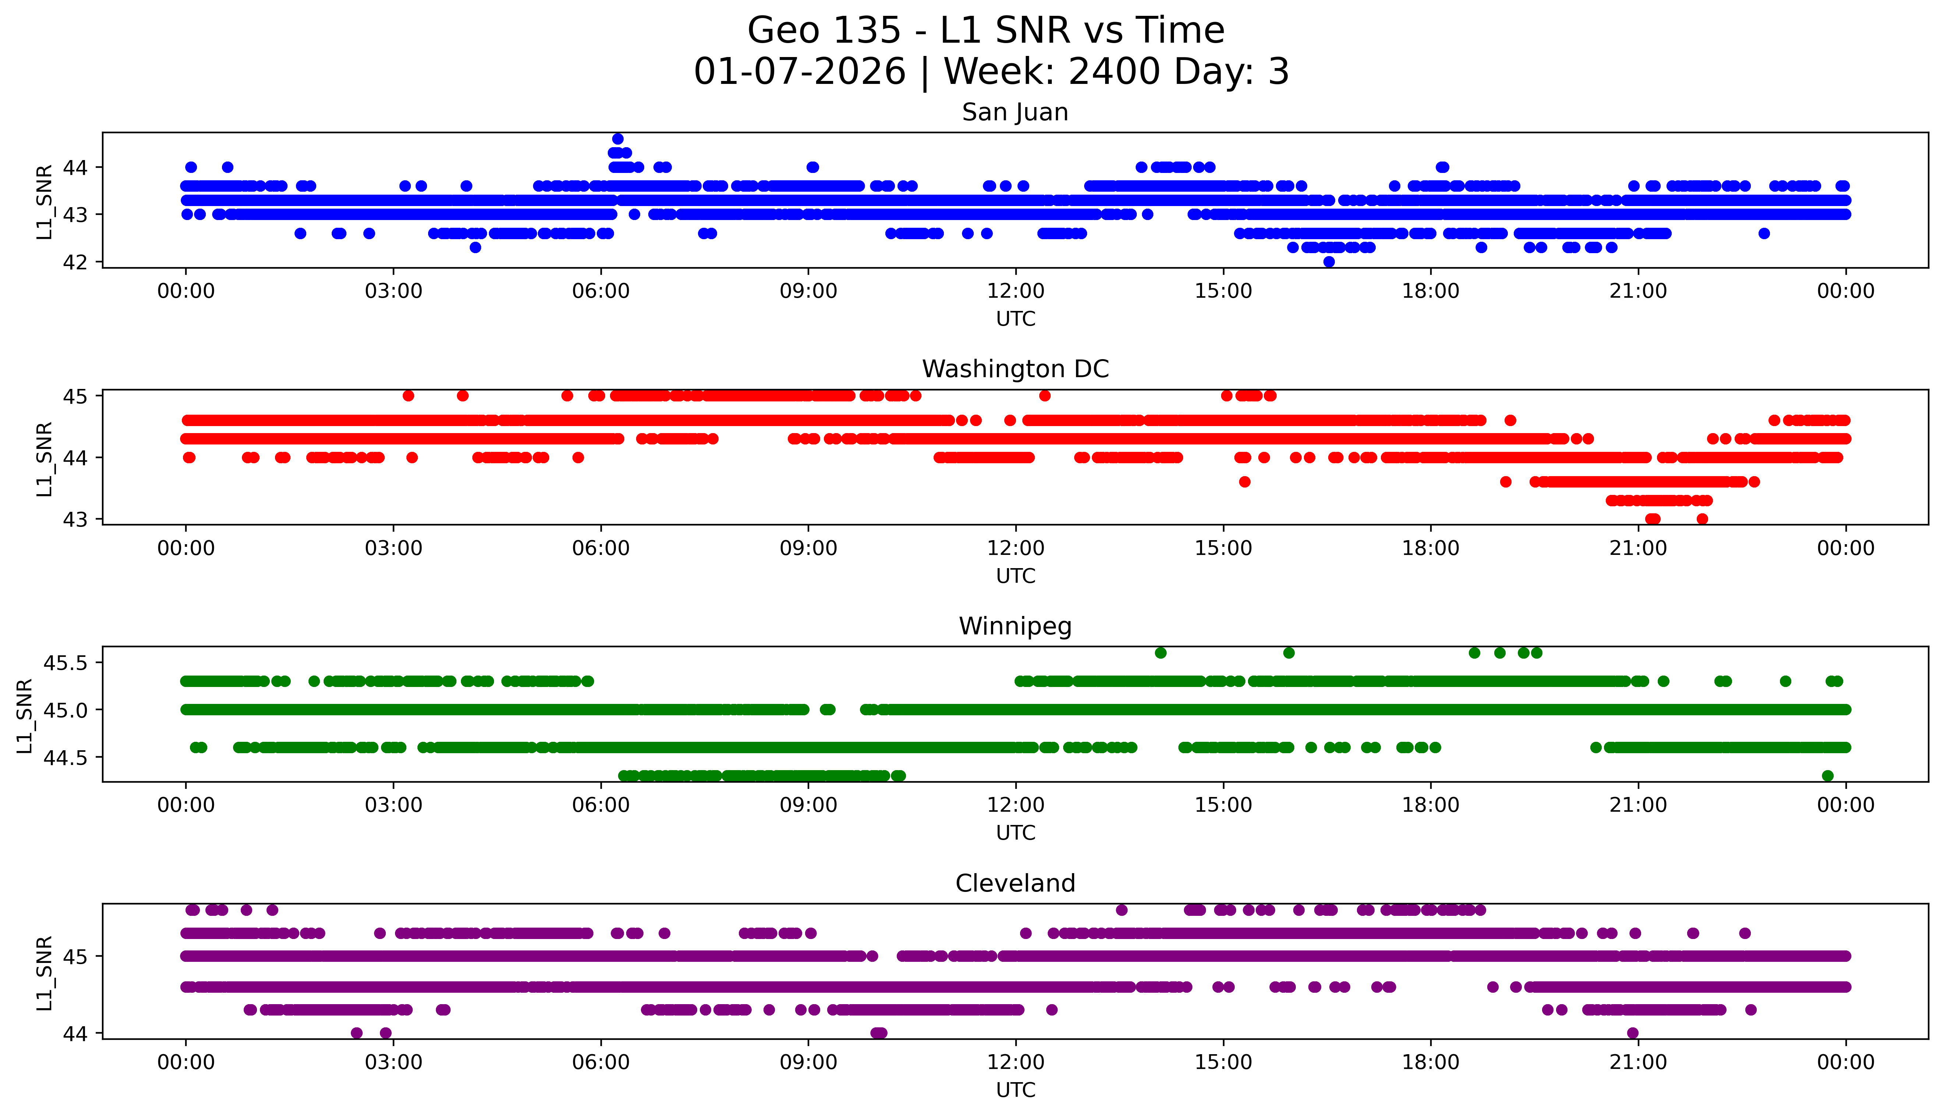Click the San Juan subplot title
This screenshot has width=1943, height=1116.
pos(1015,113)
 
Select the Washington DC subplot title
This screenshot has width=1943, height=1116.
pos(1015,369)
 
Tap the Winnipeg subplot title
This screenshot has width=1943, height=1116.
pos(1015,626)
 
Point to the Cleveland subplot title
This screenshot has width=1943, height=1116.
pos(1015,884)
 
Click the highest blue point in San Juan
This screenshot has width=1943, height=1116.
pos(617,139)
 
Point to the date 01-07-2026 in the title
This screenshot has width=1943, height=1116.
pos(800,72)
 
